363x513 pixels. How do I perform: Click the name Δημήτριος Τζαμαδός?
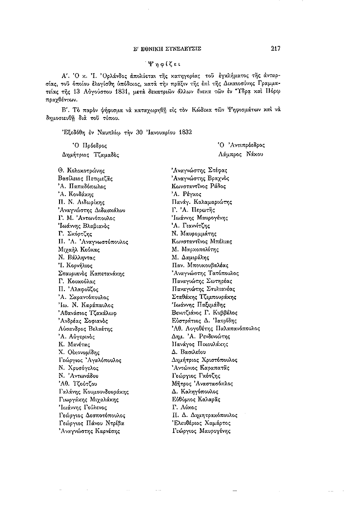point(89,154)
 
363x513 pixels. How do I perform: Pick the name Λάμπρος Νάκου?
point(242,154)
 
